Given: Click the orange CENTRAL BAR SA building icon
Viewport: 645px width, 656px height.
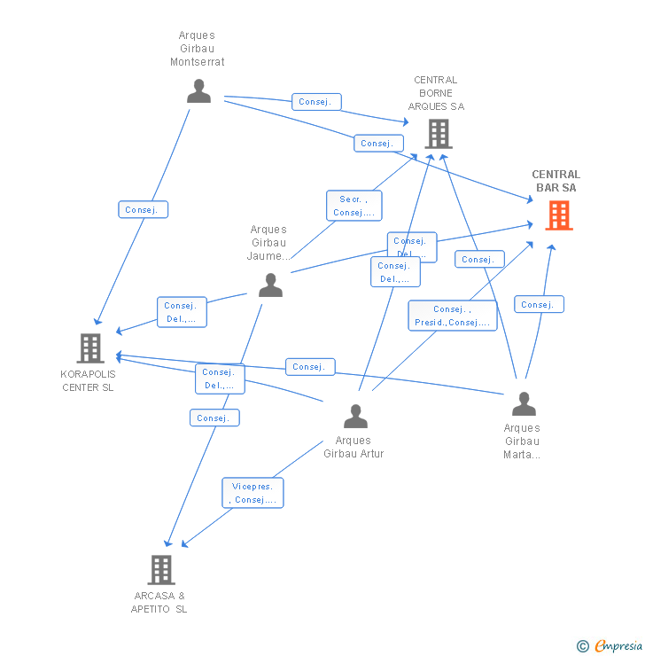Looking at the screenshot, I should coord(559,215).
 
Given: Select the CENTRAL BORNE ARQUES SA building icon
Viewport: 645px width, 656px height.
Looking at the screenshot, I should coord(438,134).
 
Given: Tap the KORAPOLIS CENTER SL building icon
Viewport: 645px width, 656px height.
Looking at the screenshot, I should coord(90,348).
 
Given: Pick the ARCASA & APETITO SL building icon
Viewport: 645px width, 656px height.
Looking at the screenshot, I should coord(161,570).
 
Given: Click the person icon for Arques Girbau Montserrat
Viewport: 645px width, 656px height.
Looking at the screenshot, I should coord(198,91).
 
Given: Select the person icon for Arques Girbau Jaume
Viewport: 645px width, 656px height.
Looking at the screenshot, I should coord(270,285).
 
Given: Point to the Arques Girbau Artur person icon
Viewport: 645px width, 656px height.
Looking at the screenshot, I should coord(355,416).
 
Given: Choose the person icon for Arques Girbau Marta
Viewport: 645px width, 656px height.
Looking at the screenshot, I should coord(524,404).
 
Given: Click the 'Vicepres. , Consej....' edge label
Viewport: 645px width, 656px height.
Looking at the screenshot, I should coord(253,493).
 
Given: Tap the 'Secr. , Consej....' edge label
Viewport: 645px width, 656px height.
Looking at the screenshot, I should coord(354,206).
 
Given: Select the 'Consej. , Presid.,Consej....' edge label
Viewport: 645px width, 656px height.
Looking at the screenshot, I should coord(452,316).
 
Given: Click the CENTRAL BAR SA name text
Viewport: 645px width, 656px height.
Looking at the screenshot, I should coord(556,181).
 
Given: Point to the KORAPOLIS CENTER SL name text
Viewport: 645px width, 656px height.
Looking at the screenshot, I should coord(89,380).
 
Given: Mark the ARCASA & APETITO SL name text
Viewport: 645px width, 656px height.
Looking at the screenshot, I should coord(159,602).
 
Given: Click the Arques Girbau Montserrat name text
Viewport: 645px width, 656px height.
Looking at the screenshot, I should coord(197,50).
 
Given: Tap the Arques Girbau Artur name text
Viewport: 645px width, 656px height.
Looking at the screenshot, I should coord(354,447).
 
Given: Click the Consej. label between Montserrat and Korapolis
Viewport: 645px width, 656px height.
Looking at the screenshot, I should coord(143,210).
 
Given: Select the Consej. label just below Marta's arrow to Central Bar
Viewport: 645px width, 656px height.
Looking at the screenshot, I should coord(539,304).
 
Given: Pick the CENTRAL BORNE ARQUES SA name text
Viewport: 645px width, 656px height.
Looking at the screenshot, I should coord(436,93).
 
